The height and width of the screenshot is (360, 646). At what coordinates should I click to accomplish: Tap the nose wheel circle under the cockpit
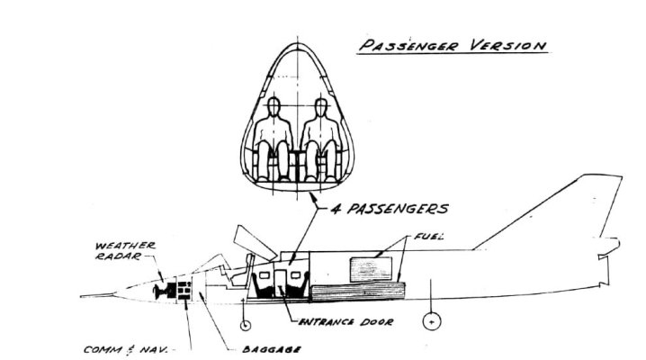click(x=244, y=322)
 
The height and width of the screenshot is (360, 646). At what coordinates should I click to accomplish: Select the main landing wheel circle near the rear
click(x=433, y=320)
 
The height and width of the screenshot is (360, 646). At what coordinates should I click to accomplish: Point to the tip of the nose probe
click(x=81, y=295)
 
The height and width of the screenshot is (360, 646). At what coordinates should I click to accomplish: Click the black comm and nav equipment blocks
click(x=184, y=292)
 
